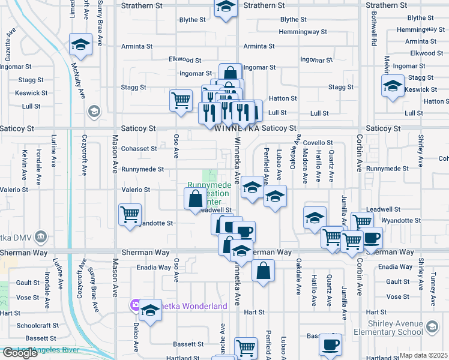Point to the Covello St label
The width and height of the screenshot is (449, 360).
318,143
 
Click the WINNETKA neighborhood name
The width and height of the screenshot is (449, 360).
238,128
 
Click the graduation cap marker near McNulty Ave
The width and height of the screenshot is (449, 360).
79,45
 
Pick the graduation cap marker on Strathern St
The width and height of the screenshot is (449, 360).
225,7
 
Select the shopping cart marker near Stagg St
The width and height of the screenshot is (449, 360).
181,100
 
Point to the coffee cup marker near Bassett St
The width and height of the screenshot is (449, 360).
330,344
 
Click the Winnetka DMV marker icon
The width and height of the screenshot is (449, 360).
41,236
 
